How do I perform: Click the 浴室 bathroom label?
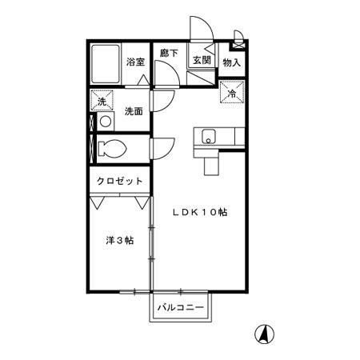[134, 61]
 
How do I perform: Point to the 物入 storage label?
[231, 62]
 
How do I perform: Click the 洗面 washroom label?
[134, 111]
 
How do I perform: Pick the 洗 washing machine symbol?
[101, 101]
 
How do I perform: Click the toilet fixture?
[111, 148]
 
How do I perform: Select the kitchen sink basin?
[209, 135]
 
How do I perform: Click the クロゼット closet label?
[119, 182]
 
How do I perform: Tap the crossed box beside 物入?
[238, 34]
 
